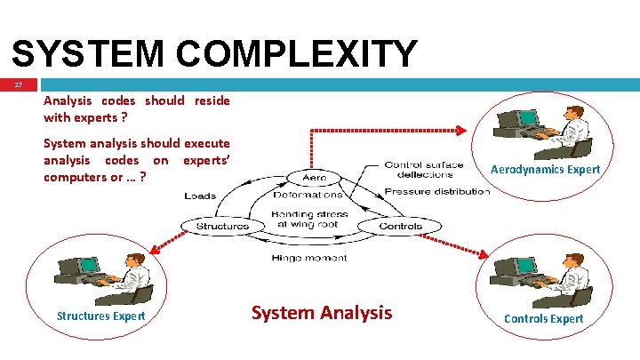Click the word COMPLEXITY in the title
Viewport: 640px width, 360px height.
pyautogui.click(x=295, y=53)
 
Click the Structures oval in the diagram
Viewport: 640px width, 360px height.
pyautogui.click(x=222, y=226)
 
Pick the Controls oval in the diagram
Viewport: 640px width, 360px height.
pyautogui.click(x=400, y=226)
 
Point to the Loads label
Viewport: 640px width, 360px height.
pyautogui.click(x=200, y=196)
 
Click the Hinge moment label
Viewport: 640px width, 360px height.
pyautogui.click(x=309, y=258)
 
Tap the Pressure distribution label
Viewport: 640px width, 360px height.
pyautogui.click(x=436, y=191)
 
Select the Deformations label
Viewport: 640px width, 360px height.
pyautogui.click(x=308, y=195)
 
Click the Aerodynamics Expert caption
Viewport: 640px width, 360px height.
pyautogui.click(x=545, y=169)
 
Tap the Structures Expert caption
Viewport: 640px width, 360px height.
pyautogui.click(x=100, y=316)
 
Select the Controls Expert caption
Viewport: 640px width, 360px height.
pyautogui.click(x=543, y=318)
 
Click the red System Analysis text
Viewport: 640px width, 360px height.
pyautogui.click(x=321, y=312)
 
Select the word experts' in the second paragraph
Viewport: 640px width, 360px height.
pyautogui.click(x=206, y=160)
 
